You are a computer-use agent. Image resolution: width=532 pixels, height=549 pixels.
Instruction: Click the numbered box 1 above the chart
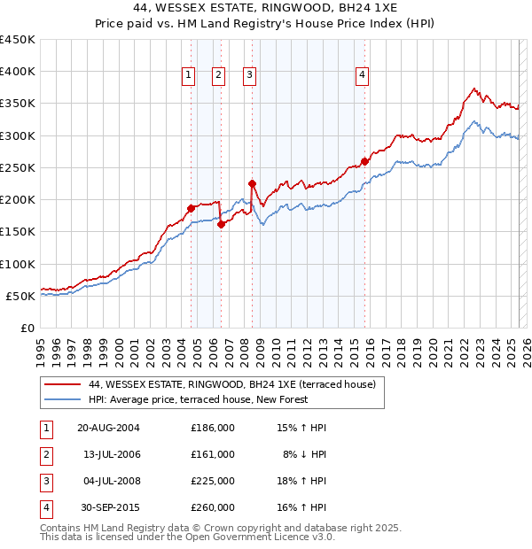coord(189,76)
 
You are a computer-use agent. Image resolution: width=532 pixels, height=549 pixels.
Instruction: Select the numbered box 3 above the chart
coord(250,76)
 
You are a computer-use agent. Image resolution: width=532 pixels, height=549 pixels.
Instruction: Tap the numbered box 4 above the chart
coord(363,76)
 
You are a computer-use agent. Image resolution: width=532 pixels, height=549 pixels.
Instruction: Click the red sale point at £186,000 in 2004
coord(191,209)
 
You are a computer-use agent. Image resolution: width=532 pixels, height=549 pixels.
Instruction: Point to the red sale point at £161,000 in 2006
coord(221,224)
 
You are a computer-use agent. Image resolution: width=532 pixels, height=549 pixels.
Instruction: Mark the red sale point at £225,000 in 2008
coord(252,184)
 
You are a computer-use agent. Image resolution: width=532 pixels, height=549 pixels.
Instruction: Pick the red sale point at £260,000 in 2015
coord(364,162)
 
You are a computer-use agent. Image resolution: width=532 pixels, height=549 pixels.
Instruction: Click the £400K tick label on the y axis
coord(17,72)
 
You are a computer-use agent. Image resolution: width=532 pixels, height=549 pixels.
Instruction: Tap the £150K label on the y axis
coord(17,232)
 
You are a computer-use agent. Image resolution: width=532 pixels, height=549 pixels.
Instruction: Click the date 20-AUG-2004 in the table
coord(109,428)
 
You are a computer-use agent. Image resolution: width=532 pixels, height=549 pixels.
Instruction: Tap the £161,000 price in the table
coord(213,454)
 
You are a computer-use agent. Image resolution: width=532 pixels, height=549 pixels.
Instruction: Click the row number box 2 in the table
coord(43,454)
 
